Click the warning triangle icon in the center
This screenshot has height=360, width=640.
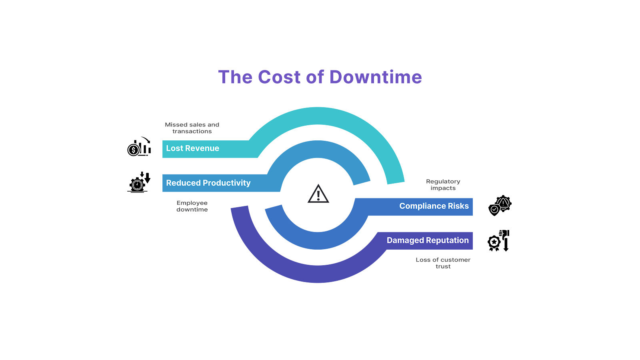(x=318, y=194)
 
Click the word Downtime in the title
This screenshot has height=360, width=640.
(x=376, y=77)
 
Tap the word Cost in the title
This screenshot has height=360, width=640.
(x=279, y=77)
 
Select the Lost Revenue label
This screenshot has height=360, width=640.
(x=192, y=148)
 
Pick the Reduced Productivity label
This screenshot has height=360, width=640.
(x=208, y=183)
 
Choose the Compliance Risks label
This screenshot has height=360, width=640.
(x=434, y=206)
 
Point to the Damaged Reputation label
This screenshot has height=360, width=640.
(x=427, y=240)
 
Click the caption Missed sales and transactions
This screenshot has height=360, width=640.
(x=192, y=128)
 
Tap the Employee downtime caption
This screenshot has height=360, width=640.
(x=192, y=206)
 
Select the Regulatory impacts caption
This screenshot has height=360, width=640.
(x=443, y=185)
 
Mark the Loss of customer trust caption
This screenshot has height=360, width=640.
(x=443, y=263)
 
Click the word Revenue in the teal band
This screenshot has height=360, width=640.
(x=202, y=148)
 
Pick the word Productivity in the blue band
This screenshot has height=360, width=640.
(x=226, y=183)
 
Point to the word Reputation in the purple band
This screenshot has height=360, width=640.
(x=447, y=240)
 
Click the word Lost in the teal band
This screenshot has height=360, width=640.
(x=174, y=148)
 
